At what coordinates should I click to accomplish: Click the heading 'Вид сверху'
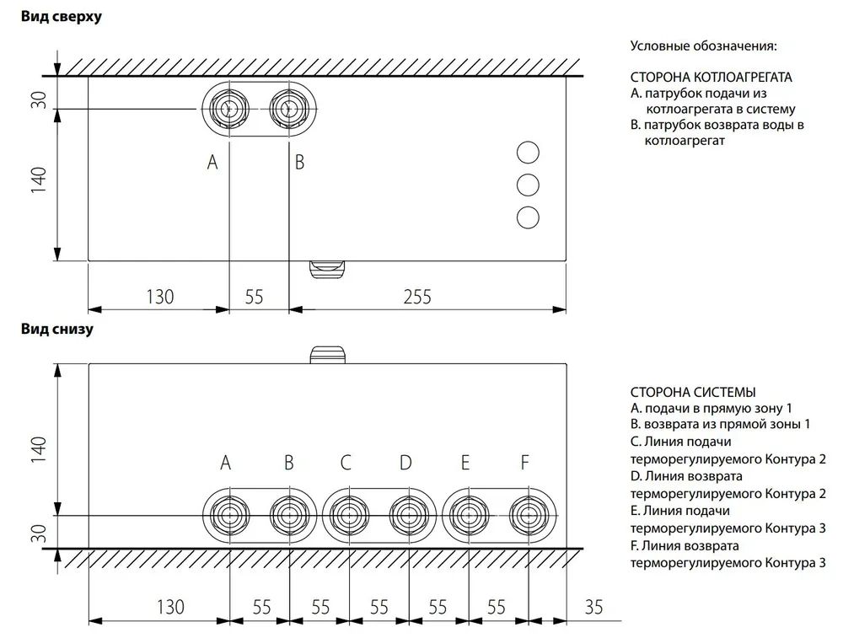62,17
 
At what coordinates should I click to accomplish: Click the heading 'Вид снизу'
57,329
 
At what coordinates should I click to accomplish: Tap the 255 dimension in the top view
417,297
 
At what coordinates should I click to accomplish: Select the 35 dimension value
593,607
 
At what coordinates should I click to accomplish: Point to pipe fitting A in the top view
229,109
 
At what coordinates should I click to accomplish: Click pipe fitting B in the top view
288,109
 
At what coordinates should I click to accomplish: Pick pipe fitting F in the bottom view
529,516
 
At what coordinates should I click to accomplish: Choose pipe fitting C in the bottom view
350,516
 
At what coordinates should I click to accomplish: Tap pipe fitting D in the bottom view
409,516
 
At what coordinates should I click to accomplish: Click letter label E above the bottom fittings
465,462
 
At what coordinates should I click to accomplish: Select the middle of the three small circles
528,185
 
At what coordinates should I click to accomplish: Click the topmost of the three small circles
528,153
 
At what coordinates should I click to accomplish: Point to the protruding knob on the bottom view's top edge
327,355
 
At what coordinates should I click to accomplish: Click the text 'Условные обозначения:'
703,46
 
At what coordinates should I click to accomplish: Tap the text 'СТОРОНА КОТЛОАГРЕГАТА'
711,78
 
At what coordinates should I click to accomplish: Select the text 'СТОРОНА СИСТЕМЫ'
693,393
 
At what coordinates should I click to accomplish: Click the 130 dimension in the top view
159,297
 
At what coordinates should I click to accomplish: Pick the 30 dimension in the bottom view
40,533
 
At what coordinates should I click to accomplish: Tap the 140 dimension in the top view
40,180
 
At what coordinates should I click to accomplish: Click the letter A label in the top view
212,162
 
